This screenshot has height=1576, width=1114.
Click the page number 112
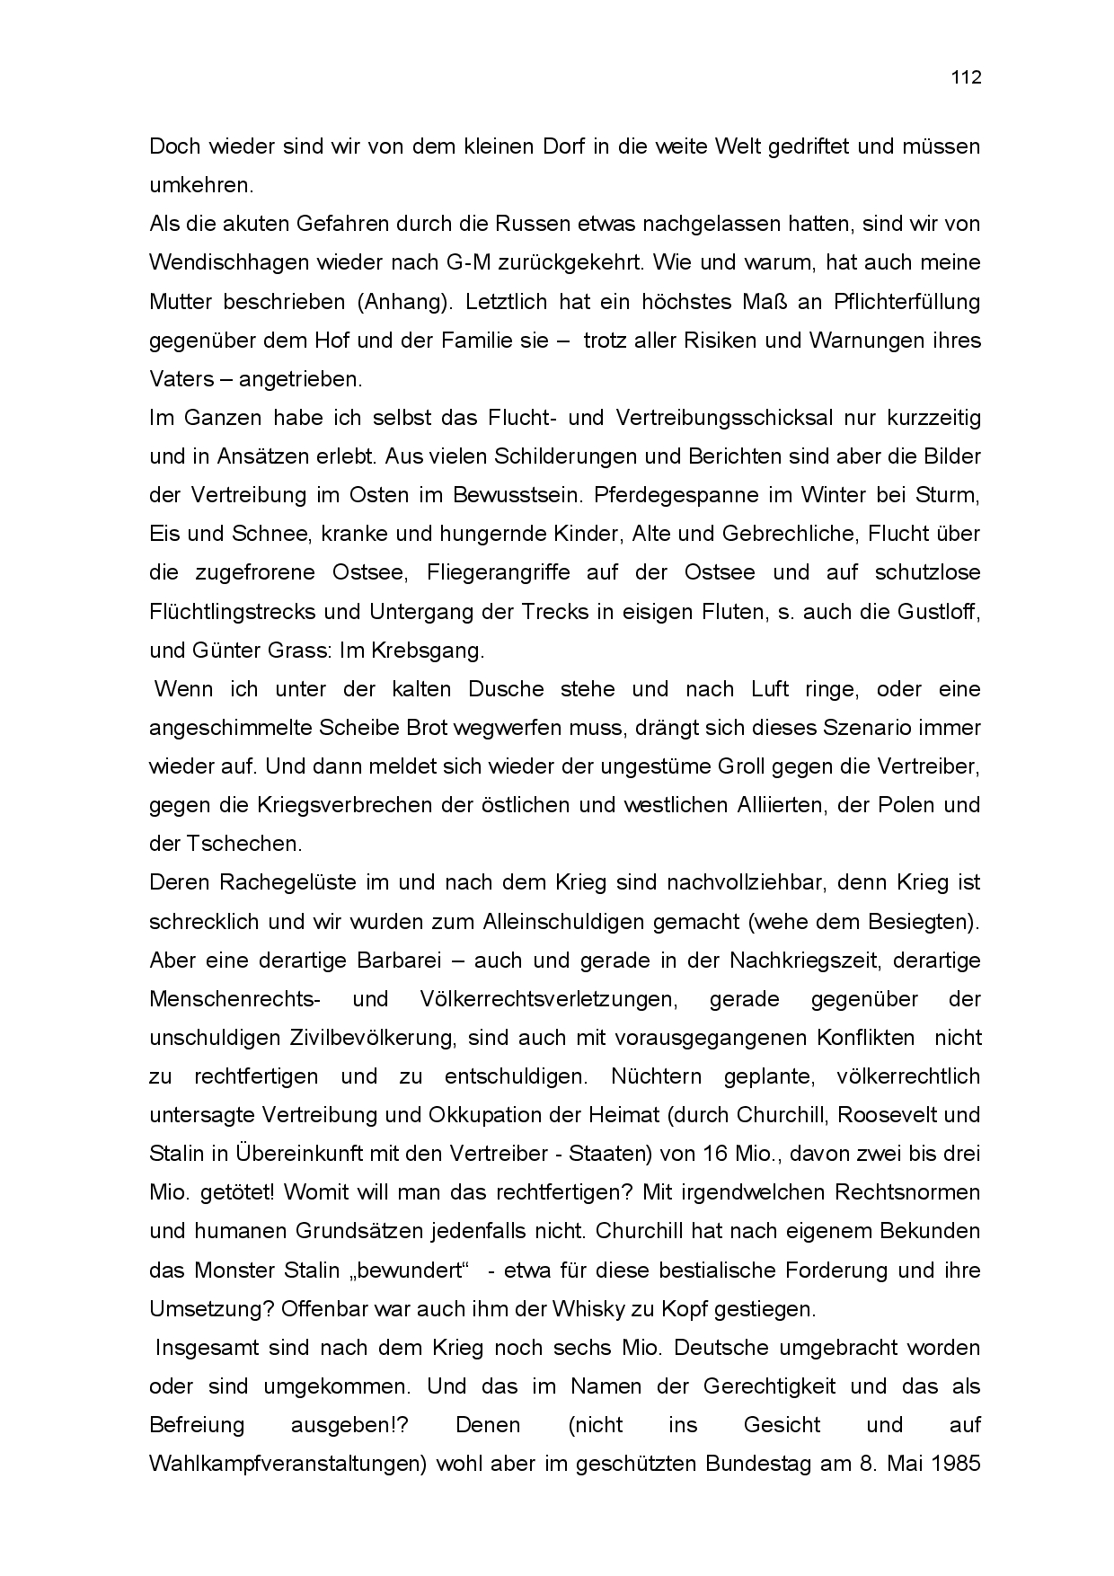(967, 77)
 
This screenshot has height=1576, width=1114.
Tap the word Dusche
(506, 689)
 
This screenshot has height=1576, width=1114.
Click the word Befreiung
(197, 1425)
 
